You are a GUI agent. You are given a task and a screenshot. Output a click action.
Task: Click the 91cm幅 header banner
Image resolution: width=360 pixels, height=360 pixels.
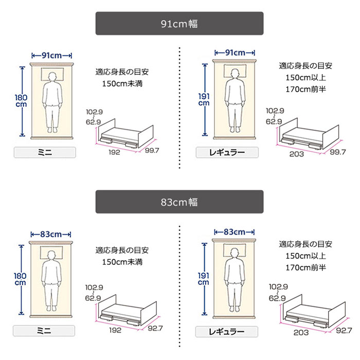179,24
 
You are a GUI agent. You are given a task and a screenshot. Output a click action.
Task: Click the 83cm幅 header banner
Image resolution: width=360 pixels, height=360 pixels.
179,202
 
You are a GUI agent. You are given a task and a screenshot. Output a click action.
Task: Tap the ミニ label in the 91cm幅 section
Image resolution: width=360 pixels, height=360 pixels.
45,152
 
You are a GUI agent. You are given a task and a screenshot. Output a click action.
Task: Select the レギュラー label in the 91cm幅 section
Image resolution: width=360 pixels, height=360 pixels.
227,152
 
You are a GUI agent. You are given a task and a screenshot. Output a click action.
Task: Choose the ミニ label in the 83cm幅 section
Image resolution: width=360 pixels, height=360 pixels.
45,331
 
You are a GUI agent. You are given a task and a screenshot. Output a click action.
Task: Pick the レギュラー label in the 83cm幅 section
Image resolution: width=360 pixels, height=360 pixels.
227,331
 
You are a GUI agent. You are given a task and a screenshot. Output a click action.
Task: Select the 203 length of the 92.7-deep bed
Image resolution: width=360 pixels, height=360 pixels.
301,333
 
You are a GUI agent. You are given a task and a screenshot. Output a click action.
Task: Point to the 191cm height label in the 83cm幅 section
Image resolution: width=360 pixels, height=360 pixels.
204,278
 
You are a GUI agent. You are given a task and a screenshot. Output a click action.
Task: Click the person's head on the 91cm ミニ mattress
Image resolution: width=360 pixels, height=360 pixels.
51,77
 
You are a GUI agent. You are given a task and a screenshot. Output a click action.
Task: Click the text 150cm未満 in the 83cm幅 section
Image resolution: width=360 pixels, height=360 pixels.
122,262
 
